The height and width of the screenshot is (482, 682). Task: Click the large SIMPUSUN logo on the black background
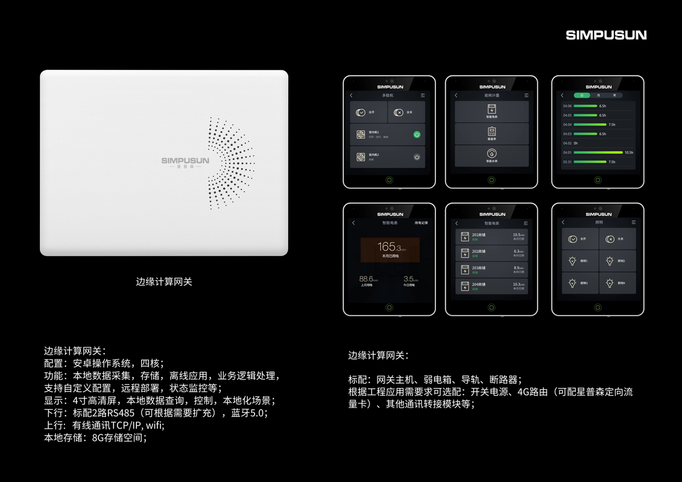tap(605, 35)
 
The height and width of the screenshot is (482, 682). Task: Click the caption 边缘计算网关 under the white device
tap(164, 281)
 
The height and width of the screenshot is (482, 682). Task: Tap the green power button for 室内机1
tap(417, 134)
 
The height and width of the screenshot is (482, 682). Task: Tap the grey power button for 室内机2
tap(417, 157)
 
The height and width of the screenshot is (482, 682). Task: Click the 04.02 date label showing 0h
tap(567, 143)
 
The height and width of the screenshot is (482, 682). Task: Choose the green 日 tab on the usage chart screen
tap(582, 95)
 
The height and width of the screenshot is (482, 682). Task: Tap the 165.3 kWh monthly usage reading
tap(390, 247)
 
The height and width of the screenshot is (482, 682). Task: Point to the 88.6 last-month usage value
tap(365, 279)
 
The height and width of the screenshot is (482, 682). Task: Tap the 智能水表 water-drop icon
tap(491, 153)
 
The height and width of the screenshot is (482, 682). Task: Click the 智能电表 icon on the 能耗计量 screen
tap(491, 109)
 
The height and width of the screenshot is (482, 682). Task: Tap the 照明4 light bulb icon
tap(610, 283)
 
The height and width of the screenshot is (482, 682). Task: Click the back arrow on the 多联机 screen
tap(352, 95)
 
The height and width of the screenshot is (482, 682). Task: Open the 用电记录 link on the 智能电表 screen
tap(421, 223)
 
